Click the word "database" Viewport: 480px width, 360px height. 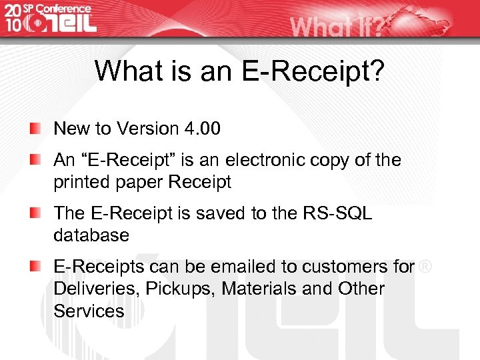91,235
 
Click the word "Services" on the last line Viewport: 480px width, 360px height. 89,311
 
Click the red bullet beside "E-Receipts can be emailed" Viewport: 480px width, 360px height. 35,266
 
